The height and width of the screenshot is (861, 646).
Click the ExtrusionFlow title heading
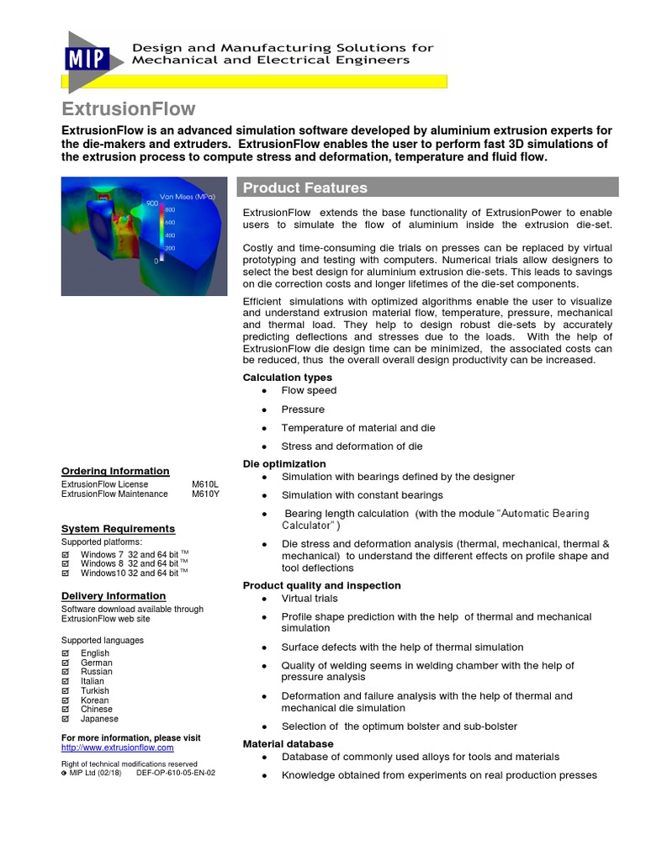(129, 108)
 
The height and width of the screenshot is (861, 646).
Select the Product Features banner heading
(304, 188)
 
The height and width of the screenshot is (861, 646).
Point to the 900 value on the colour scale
(151, 203)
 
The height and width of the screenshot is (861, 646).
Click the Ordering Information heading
(115, 471)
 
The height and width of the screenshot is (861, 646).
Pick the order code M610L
(205, 484)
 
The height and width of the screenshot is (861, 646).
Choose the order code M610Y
(205, 494)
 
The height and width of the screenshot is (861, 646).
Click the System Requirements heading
(118, 528)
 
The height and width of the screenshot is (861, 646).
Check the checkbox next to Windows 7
(66, 555)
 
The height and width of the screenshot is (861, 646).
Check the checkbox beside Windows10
(66, 573)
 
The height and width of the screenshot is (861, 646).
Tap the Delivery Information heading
(114, 596)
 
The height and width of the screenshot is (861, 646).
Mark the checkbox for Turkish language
(66, 691)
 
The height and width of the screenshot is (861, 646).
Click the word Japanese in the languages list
(99, 719)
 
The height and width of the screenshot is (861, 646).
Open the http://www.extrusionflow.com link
(118, 747)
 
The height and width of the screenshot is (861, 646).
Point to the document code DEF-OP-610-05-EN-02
(175, 773)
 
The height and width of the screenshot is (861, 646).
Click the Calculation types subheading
(288, 378)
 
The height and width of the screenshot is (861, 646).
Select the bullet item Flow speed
(309, 390)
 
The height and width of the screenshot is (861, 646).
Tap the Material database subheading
(289, 744)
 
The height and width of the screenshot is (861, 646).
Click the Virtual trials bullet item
(310, 599)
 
